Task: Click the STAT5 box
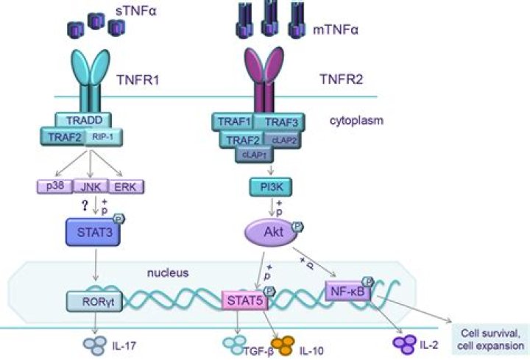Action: [242, 299]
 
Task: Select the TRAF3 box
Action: [280, 121]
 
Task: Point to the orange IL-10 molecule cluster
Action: [284, 345]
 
